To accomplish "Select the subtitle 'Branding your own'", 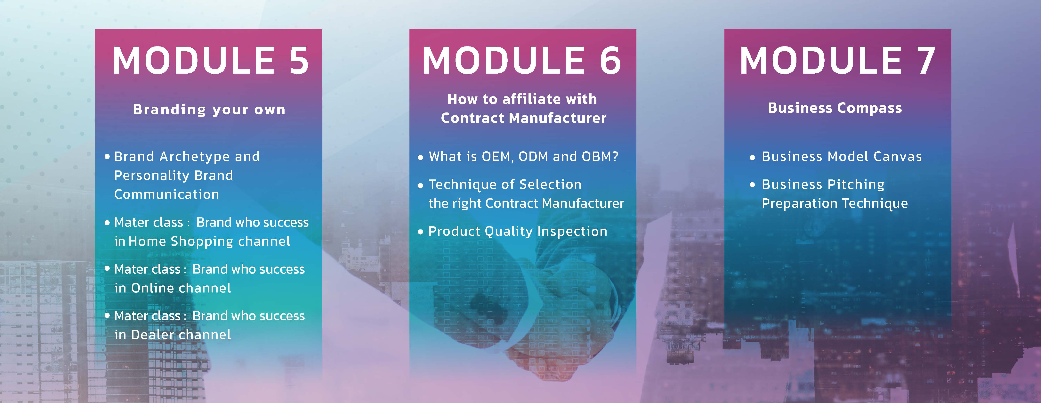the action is click(209, 110).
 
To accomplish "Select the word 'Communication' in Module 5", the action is click(166, 194).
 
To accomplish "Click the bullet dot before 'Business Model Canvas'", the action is click(752, 158).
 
